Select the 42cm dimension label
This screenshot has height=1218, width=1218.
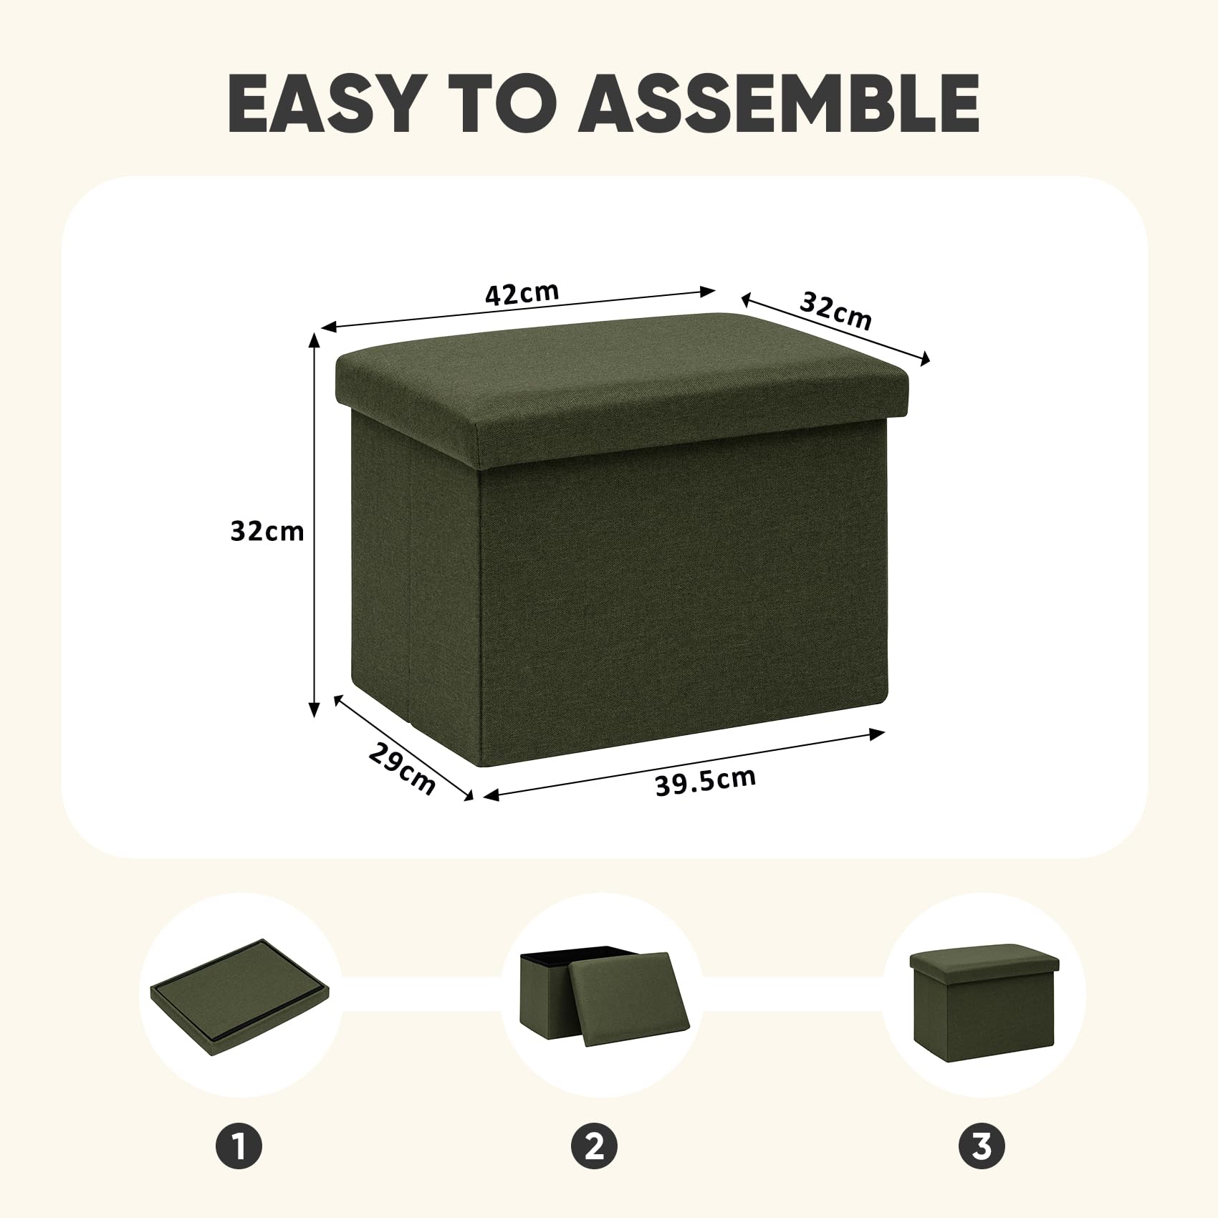click(x=522, y=294)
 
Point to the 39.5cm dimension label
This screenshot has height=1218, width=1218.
click(x=706, y=780)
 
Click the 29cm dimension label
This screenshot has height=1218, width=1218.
click(x=402, y=768)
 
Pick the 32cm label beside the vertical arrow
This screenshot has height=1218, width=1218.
click(x=267, y=531)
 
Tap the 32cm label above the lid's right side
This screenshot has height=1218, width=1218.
click(x=836, y=311)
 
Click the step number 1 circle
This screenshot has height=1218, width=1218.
click(x=239, y=1146)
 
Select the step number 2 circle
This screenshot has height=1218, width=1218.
click(x=595, y=1146)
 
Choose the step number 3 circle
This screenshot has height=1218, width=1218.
click(x=982, y=1146)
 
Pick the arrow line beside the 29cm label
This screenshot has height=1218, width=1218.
click(x=404, y=749)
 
